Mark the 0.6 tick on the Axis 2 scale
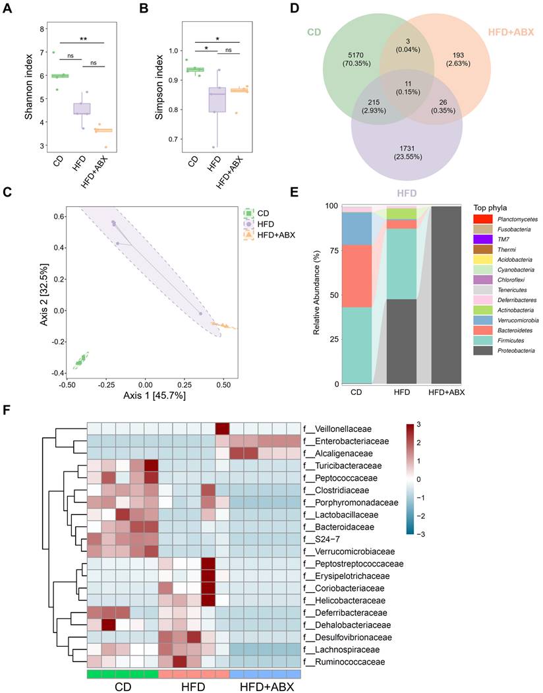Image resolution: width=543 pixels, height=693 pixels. pyautogui.click(x=49, y=216)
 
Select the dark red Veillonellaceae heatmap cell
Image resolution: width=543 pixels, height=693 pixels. pyautogui.click(x=222, y=428)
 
